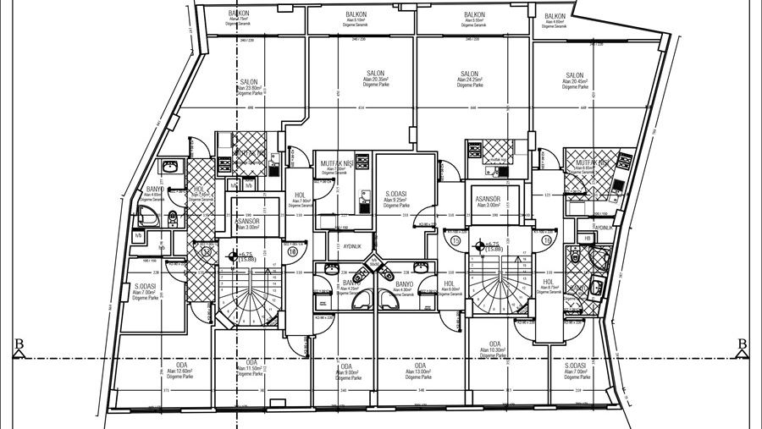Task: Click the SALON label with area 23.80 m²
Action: coord(248,83)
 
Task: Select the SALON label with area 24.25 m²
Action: coord(469,74)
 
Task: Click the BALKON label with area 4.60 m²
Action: coord(555,17)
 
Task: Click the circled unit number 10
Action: coord(293,250)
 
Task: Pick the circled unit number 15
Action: coord(456,239)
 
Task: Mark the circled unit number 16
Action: coord(548,239)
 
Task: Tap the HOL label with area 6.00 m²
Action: coord(450,284)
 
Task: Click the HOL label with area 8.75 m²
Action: coord(548,283)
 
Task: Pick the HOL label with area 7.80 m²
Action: coord(301,195)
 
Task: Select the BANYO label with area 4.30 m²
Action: coord(403,284)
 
